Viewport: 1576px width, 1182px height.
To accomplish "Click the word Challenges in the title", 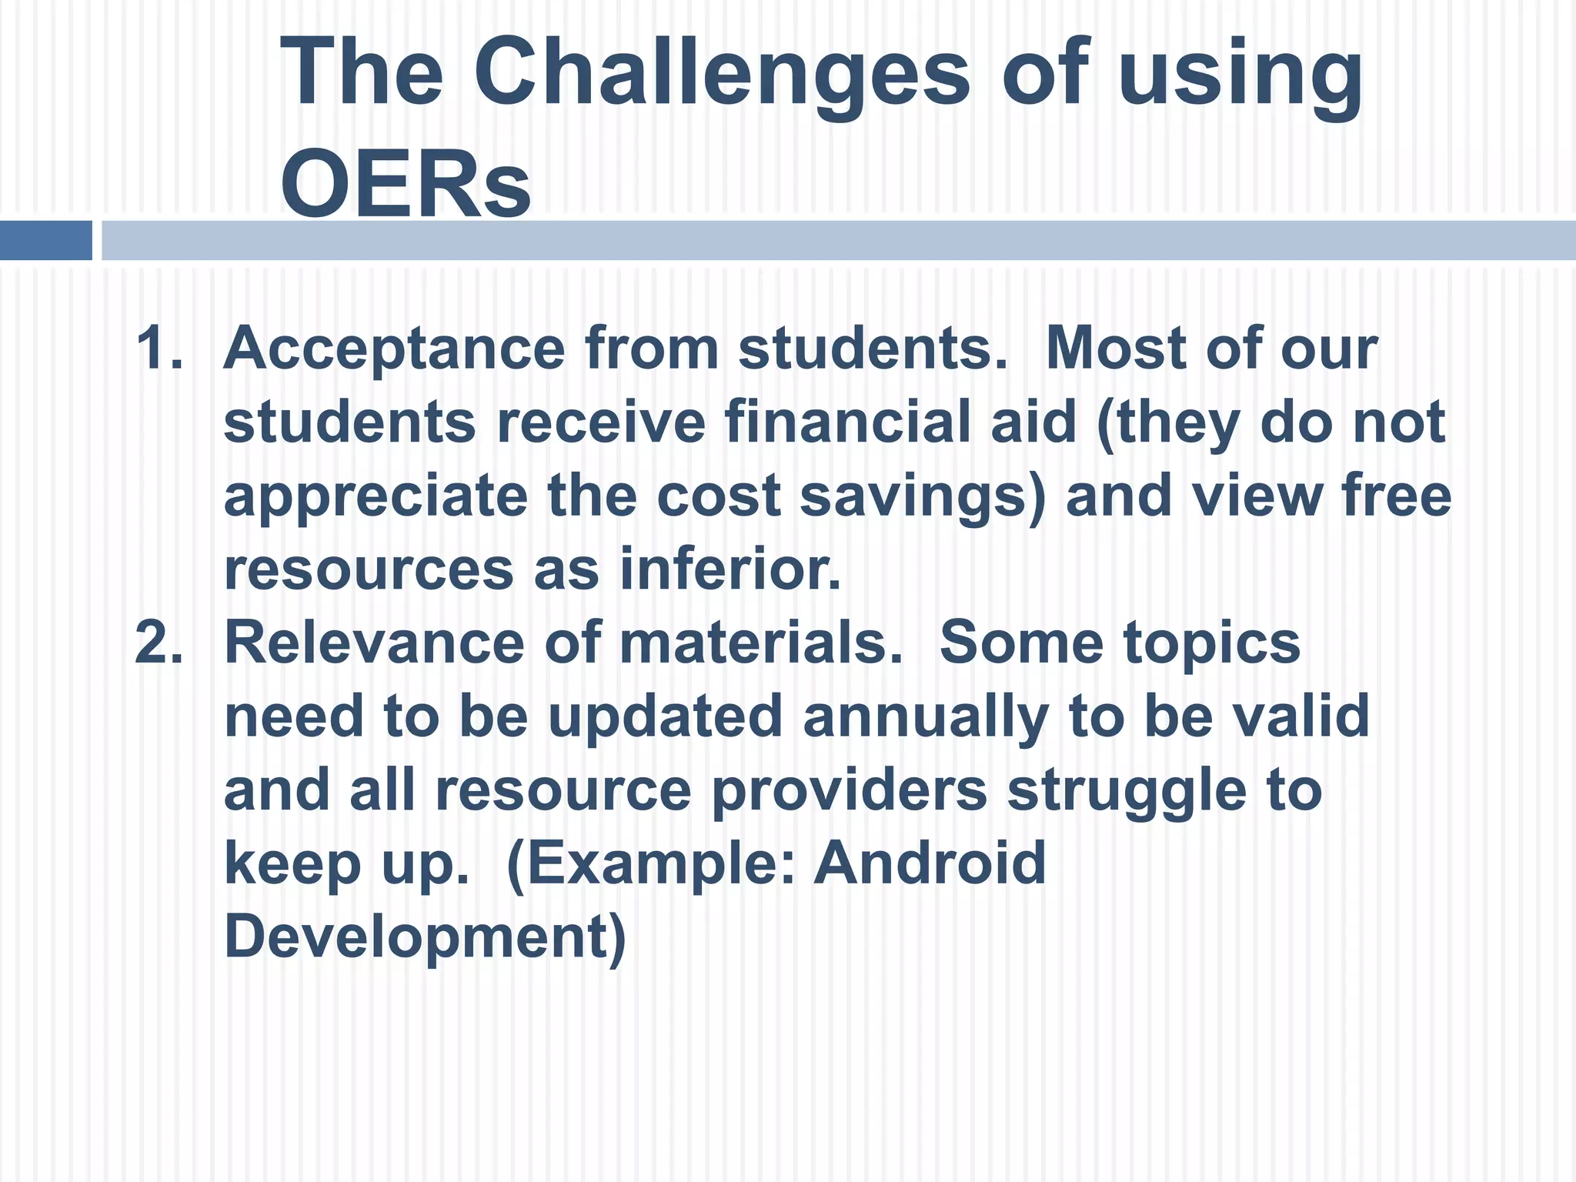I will [x=722, y=75].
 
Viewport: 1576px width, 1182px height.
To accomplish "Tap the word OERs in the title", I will [x=406, y=185].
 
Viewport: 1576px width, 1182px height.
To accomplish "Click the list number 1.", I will [x=158, y=349].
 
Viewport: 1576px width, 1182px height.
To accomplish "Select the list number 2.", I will [x=159, y=643].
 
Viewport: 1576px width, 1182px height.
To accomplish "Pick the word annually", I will [x=926, y=717].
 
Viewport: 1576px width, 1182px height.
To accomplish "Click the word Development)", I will [x=425, y=937].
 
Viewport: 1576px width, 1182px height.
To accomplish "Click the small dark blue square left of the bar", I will [x=45, y=240].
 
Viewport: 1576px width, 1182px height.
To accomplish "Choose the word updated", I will [x=665, y=717].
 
